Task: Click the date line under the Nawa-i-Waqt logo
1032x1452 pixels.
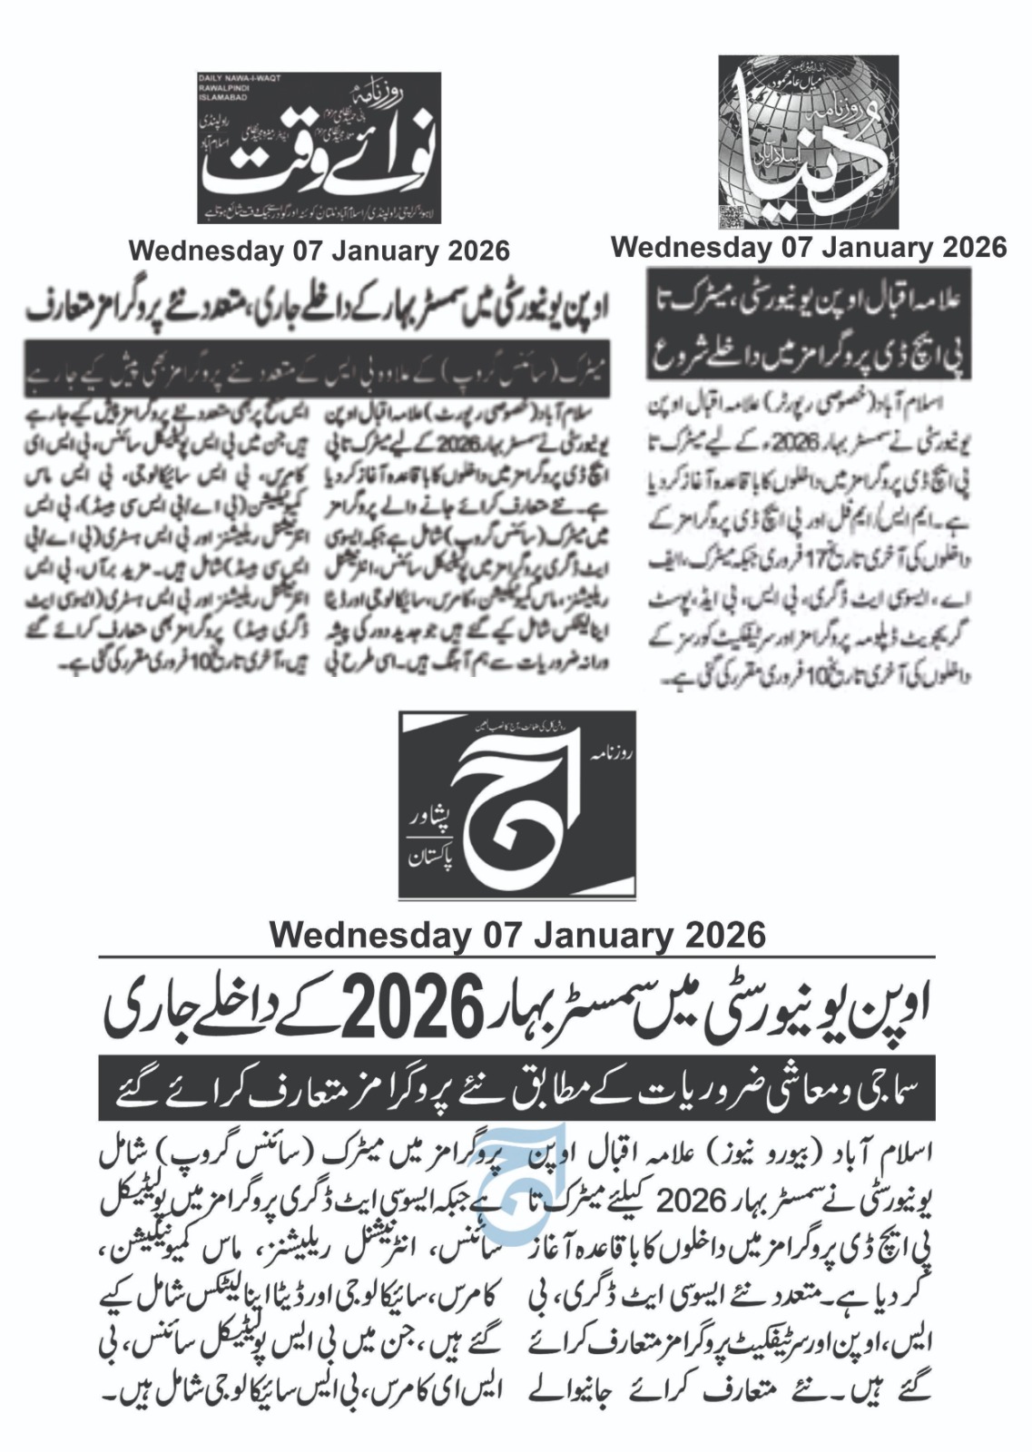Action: pyautogui.click(x=319, y=250)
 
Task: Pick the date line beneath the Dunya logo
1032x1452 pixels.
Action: pyautogui.click(x=808, y=247)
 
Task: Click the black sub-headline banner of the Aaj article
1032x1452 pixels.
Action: pyautogui.click(x=516, y=1086)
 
